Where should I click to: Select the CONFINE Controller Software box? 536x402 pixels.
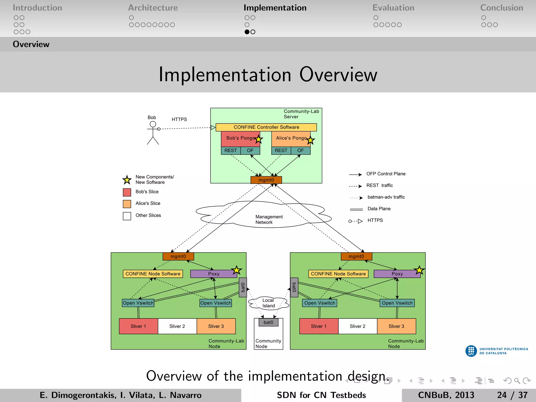tap(266, 127)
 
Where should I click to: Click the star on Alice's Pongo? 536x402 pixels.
tap(310, 141)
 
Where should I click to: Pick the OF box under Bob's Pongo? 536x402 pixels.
tap(250, 150)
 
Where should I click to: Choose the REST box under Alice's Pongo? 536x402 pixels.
tap(281, 150)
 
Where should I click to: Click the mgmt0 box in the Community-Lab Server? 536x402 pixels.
tap(266, 180)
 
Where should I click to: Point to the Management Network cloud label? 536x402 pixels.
tap(269, 219)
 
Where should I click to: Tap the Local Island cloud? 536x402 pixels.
tap(269, 303)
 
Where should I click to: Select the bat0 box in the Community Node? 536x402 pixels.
tap(269, 322)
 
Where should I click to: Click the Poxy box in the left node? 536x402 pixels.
tap(214, 274)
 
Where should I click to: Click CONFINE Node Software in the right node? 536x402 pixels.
tap(338, 274)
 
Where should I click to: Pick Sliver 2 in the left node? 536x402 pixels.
tap(177, 326)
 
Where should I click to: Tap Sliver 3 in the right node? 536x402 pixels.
tap(396, 326)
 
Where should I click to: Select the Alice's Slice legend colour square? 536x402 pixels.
tap(127, 204)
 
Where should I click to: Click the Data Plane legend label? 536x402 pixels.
tap(379, 209)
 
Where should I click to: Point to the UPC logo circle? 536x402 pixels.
tap(471, 351)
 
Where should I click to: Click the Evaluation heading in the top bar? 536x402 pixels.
tap(393, 8)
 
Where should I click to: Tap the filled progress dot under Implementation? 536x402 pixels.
tap(247, 32)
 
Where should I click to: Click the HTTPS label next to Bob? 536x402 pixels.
tap(179, 119)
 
